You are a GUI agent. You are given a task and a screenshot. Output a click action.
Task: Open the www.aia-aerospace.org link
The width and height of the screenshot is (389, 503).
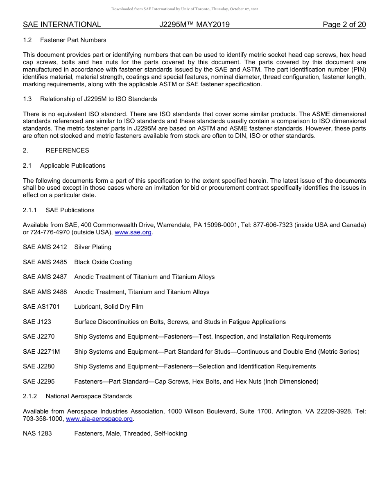(99, 419)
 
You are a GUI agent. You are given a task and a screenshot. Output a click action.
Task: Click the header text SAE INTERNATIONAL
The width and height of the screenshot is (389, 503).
(62, 25)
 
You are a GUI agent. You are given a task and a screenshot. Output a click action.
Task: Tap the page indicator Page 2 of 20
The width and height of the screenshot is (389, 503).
(344, 25)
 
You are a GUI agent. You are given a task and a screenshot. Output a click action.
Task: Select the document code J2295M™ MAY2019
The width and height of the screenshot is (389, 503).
(194, 25)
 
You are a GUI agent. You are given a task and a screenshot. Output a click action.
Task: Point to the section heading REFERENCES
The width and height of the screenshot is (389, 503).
(67, 150)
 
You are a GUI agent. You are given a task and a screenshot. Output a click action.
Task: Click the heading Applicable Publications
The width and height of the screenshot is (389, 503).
(72, 166)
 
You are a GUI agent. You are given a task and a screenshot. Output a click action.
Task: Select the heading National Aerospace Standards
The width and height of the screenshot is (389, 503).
(88, 396)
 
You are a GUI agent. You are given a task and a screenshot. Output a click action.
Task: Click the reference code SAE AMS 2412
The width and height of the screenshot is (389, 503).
(45, 247)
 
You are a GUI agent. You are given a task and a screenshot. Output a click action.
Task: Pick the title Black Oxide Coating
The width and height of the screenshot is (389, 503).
(103, 262)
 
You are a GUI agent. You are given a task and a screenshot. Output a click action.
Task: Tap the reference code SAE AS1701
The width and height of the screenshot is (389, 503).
(41, 307)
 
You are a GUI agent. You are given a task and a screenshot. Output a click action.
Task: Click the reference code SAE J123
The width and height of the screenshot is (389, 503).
(37, 322)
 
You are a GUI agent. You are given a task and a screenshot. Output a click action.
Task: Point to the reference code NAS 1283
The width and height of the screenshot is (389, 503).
(37, 433)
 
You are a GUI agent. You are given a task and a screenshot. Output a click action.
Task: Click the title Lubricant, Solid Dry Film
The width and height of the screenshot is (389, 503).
(109, 307)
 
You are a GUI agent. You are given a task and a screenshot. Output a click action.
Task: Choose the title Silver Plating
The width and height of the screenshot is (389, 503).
(93, 247)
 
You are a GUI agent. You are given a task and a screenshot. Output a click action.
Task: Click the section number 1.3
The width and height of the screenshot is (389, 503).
(27, 99)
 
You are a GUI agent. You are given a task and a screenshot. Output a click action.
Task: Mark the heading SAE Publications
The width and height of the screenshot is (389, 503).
(70, 210)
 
